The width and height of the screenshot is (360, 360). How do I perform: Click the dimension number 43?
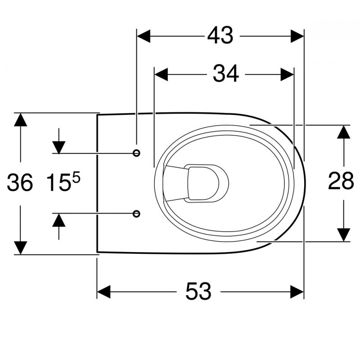point(220,35)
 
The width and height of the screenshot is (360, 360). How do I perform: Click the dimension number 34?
point(226,73)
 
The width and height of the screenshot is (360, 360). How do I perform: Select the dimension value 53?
point(198,291)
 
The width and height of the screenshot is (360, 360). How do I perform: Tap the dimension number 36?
point(20,183)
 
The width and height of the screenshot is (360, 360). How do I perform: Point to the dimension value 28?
point(341,181)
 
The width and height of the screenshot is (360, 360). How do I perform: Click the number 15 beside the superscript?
point(58,183)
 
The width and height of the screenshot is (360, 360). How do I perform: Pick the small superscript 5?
point(76,177)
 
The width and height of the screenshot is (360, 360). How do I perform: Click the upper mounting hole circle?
point(136,153)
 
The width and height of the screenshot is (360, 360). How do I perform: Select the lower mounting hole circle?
point(136,214)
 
